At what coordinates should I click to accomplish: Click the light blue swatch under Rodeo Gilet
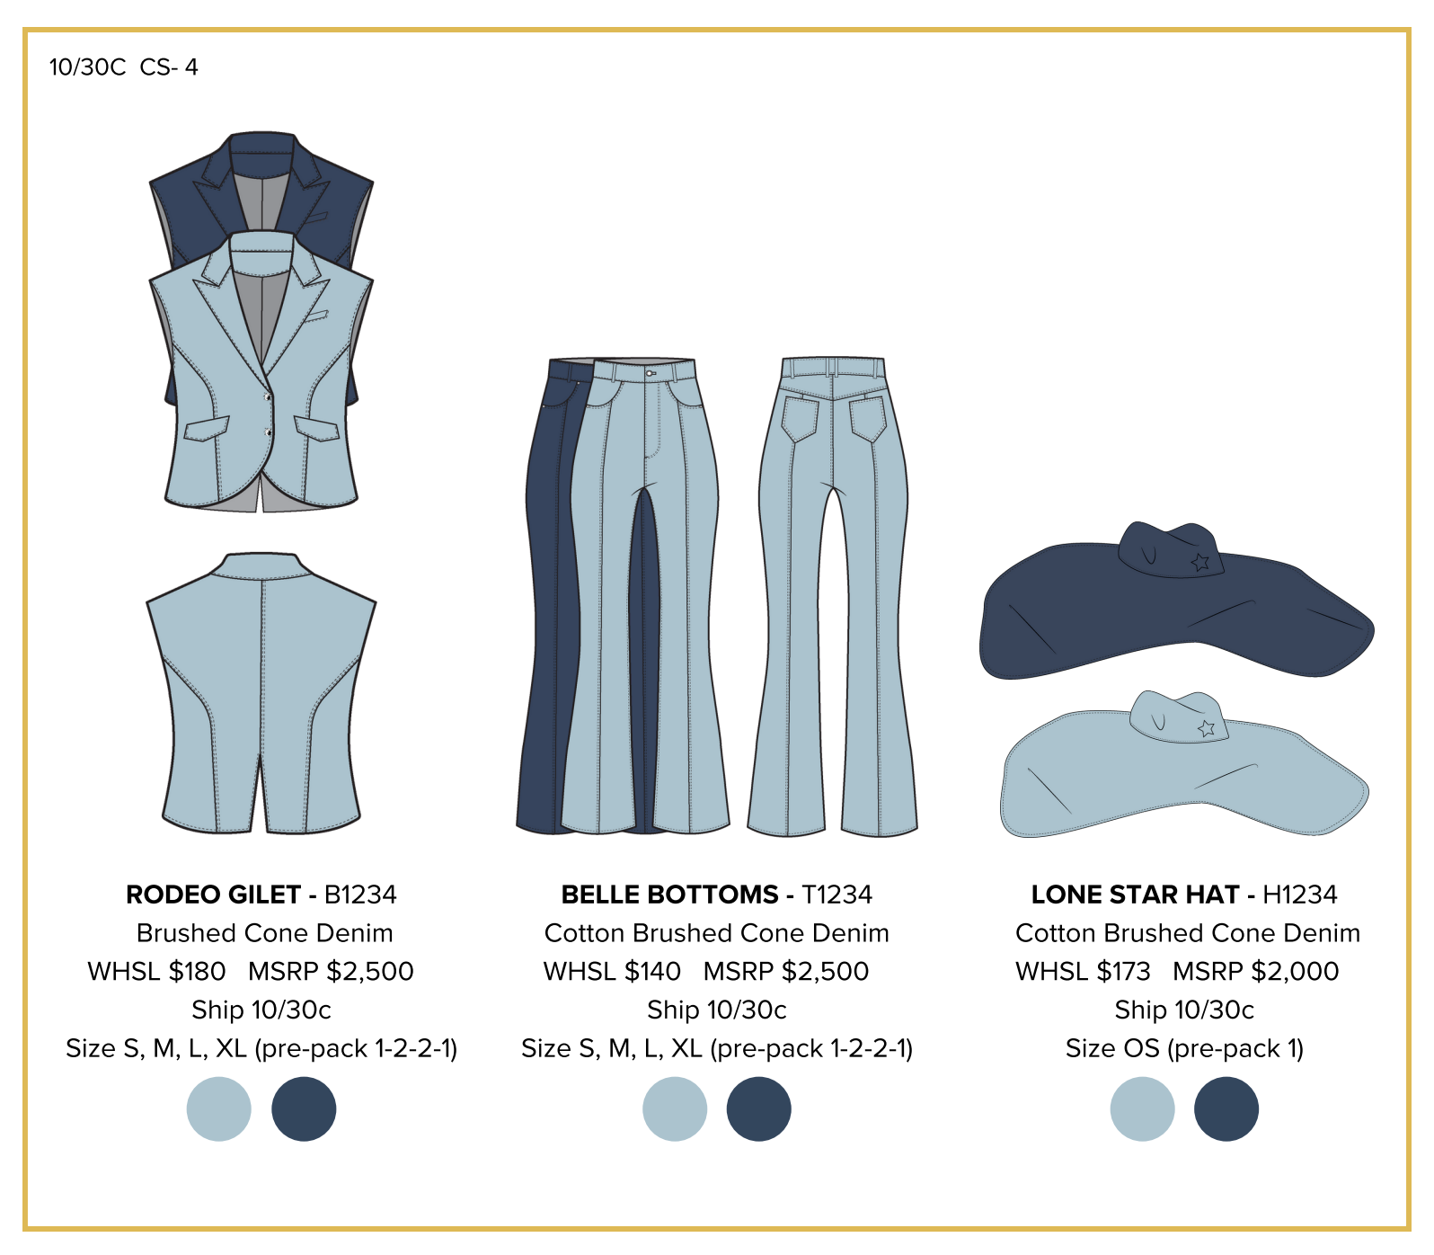coord(218,1108)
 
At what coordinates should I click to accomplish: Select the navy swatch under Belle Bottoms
coord(758,1108)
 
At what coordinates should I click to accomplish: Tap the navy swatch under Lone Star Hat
coord(1226,1108)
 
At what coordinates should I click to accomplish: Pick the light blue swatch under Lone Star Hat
coord(1142,1108)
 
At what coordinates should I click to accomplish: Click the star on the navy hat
coord(1199,563)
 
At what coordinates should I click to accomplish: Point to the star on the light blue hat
coord(1207,727)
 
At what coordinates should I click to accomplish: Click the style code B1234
coord(360,895)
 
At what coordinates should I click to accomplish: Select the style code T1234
coord(836,895)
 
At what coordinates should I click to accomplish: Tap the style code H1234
coord(1299,895)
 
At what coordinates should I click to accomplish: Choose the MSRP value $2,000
coord(1295,971)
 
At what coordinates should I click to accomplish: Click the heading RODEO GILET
coord(213,895)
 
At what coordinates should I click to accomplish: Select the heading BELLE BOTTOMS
coord(669,895)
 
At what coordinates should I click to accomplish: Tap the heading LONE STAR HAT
coord(1135,895)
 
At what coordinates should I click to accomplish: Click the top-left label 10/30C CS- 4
coord(123,67)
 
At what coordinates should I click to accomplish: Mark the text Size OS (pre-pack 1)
coord(1184,1048)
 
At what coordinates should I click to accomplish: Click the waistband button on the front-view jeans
coord(650,373)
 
